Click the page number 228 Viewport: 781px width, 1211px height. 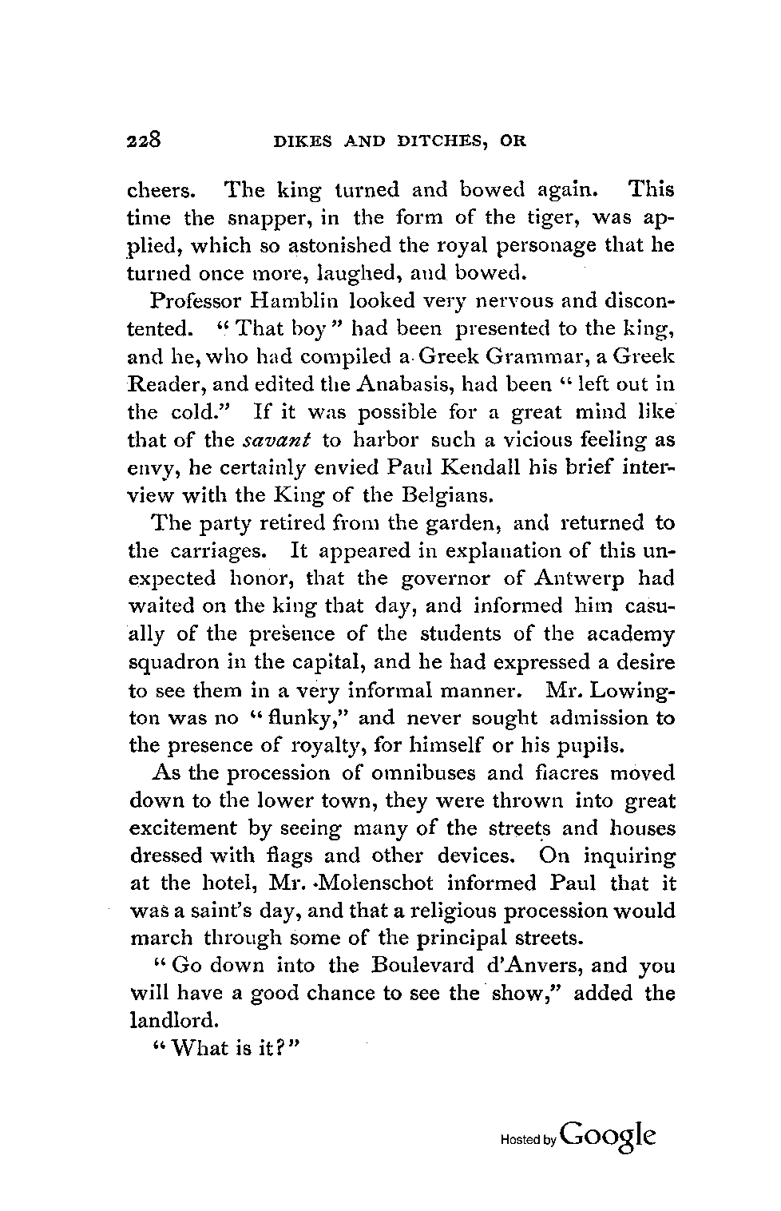coord(145,141)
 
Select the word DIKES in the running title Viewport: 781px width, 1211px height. coord(299,142)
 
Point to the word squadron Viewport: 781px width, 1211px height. coord(170,662)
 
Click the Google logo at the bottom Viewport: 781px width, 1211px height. coord(609,1135)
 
